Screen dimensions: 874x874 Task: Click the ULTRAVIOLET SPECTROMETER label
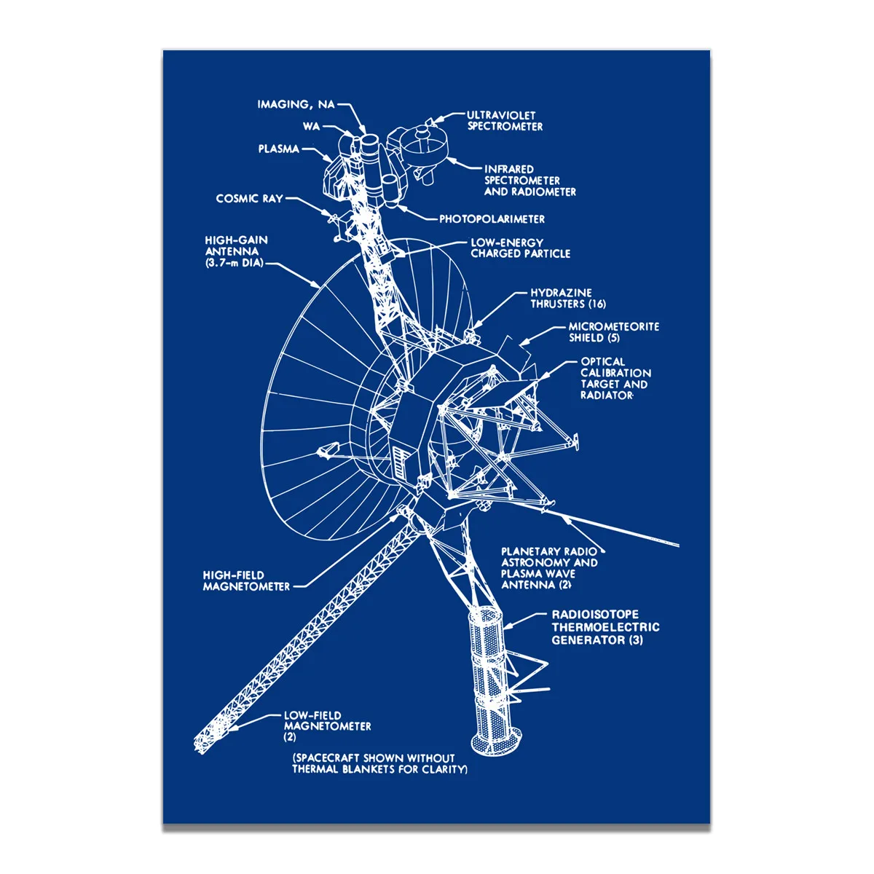coord(505,120)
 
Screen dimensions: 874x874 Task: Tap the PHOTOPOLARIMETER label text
coord(492,219)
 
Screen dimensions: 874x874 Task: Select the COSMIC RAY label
coord(249,198)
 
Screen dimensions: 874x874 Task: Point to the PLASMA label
coord(278,149)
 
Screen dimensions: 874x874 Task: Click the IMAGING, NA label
coord(296,105)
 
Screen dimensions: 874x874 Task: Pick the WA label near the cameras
coord(311,127)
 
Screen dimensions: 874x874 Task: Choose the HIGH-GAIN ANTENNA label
coord(236,251)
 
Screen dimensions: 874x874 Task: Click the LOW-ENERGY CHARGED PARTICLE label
coord(520,248)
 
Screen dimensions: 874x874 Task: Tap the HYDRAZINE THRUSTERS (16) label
coord(567,298)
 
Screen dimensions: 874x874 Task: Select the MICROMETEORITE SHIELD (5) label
coord(613,332)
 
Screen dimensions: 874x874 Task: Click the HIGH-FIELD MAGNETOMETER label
coord(246,580)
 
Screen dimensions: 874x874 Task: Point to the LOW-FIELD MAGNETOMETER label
coord(327,725)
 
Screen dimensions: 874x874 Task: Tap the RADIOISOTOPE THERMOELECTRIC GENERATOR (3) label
coord(605,627)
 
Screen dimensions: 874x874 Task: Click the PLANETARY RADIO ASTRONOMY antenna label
coord(549,567)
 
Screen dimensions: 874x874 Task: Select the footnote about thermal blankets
coord(379,763)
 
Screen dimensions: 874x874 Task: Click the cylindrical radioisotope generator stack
coord(488,655)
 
